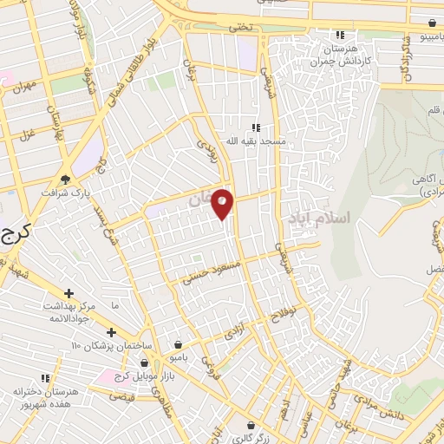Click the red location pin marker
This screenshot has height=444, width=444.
coord(224,203)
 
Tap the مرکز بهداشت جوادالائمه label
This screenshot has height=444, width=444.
coord(69,312)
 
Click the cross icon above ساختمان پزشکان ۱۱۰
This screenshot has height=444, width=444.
coord(111,332)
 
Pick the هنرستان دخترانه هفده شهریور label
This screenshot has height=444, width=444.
coord(42,399)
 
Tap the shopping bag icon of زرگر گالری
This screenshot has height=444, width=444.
coord(251,427)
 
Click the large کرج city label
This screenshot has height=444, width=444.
coord(15,232)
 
